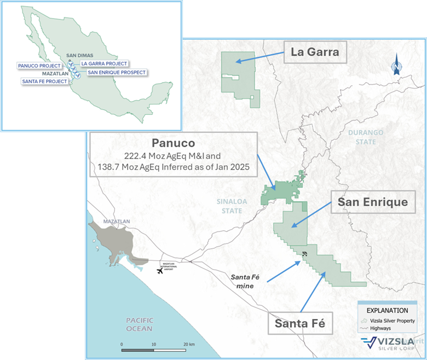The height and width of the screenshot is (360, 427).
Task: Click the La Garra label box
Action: (x=315, y=53)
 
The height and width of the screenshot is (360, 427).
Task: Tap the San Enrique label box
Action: (x=372, y=202)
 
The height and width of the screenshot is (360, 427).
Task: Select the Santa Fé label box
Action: (x=300, y=324)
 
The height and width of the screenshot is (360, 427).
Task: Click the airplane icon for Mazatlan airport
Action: (x=160, y=271)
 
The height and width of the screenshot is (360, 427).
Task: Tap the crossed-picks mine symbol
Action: (x=304, y=253)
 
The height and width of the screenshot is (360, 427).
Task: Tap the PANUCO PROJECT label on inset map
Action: (x=39, y=65)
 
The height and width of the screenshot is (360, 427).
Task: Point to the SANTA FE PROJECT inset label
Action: (x=44, y=81)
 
